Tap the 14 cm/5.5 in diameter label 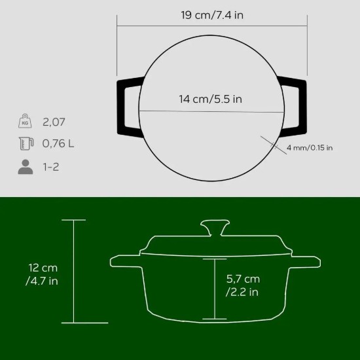click(211, 99)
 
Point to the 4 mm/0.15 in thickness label click(310, 148)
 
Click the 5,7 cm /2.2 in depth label click(242, 285)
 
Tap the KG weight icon click(25, 122)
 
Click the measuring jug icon click(25, 144)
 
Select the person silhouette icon click(25, 167)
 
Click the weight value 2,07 click(54, 122)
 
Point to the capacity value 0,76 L click(58, 144)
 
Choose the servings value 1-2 click(50, 167)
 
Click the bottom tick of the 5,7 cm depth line click(214, 319)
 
